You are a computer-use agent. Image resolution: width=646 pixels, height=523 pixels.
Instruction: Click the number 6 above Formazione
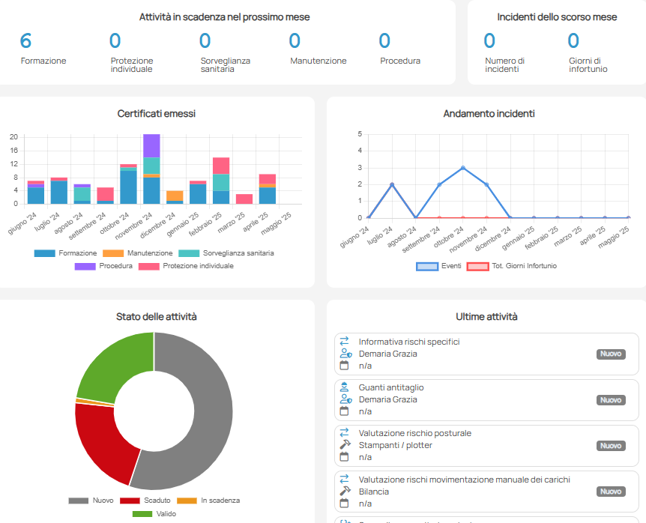click(26, 41)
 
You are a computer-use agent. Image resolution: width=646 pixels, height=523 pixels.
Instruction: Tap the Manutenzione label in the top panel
click(318, 61)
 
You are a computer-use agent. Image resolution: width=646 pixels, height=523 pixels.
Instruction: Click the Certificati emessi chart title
click(157, 114)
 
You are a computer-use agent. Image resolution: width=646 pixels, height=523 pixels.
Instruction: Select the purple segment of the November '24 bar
click(151, 145)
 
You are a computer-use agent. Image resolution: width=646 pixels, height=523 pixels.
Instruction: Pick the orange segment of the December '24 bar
click(175, 195)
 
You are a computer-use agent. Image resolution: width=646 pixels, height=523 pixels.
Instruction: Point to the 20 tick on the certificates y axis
click(13, 137)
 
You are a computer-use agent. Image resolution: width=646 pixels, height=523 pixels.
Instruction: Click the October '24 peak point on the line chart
click(463, 168)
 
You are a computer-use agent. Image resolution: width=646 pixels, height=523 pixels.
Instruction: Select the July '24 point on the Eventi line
click(391, 184)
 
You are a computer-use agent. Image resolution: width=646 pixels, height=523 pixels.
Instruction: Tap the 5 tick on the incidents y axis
click(360, 134)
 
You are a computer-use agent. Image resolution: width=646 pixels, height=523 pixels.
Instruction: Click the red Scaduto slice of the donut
click(101, 442)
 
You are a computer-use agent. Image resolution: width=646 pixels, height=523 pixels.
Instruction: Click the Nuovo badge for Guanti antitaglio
click(611, 400)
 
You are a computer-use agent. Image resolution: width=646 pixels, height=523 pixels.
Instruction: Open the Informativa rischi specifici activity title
click(409, 342)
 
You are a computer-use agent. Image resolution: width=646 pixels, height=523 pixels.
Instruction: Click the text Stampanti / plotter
click(396, 445)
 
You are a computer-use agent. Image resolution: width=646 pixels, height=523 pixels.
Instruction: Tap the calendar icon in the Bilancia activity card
click(345, 503)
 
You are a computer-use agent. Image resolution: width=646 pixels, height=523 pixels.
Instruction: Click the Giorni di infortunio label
click(588, 65)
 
